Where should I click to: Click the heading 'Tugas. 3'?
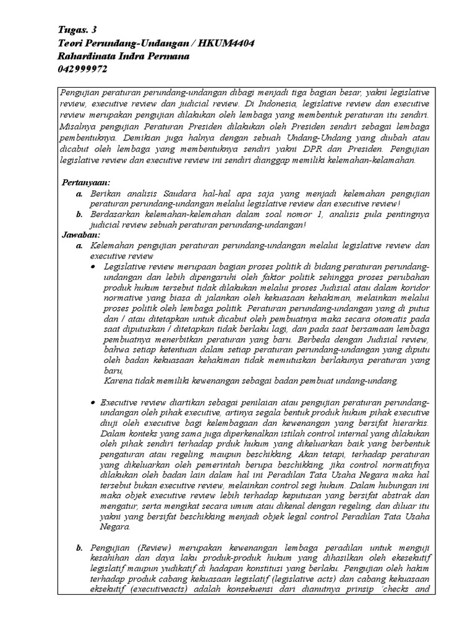point(77,30)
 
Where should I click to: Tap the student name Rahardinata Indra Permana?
point(123,56)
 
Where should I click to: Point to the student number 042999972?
point(82,69)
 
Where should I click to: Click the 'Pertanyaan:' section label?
point(86,183)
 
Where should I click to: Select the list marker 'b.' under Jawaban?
point(79,548)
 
